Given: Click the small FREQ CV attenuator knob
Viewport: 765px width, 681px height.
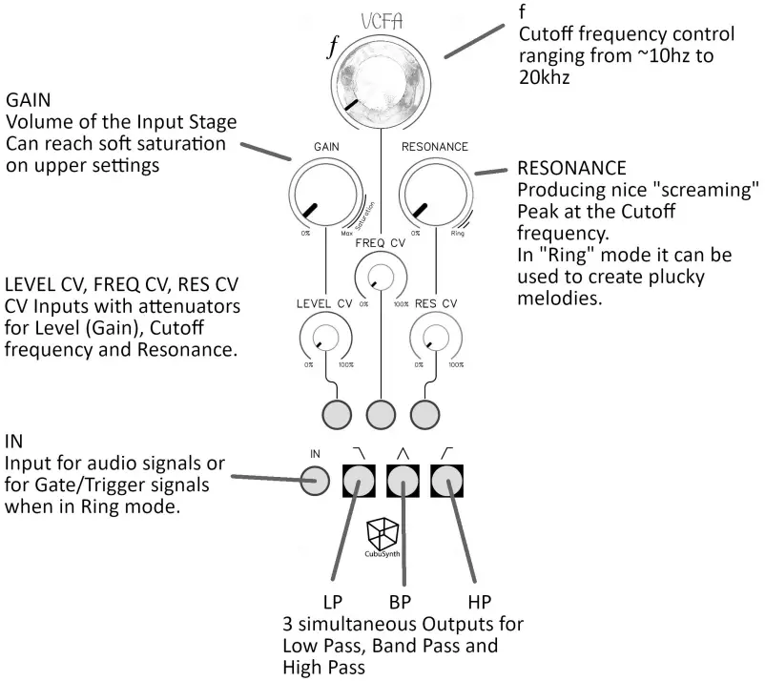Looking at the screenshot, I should tap(381, 278).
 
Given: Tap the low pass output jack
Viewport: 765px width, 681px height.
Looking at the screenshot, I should tap(359, 483).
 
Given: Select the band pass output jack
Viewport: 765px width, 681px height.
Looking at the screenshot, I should tap(403, 483).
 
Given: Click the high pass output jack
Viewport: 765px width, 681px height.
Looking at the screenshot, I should tap(447, 483).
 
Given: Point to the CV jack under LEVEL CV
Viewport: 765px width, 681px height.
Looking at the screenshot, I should tap(336, 413).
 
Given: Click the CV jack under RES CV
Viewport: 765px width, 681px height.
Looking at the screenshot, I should tap(424, 413).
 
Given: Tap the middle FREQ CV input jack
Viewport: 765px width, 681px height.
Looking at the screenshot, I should tap(381, 413).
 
